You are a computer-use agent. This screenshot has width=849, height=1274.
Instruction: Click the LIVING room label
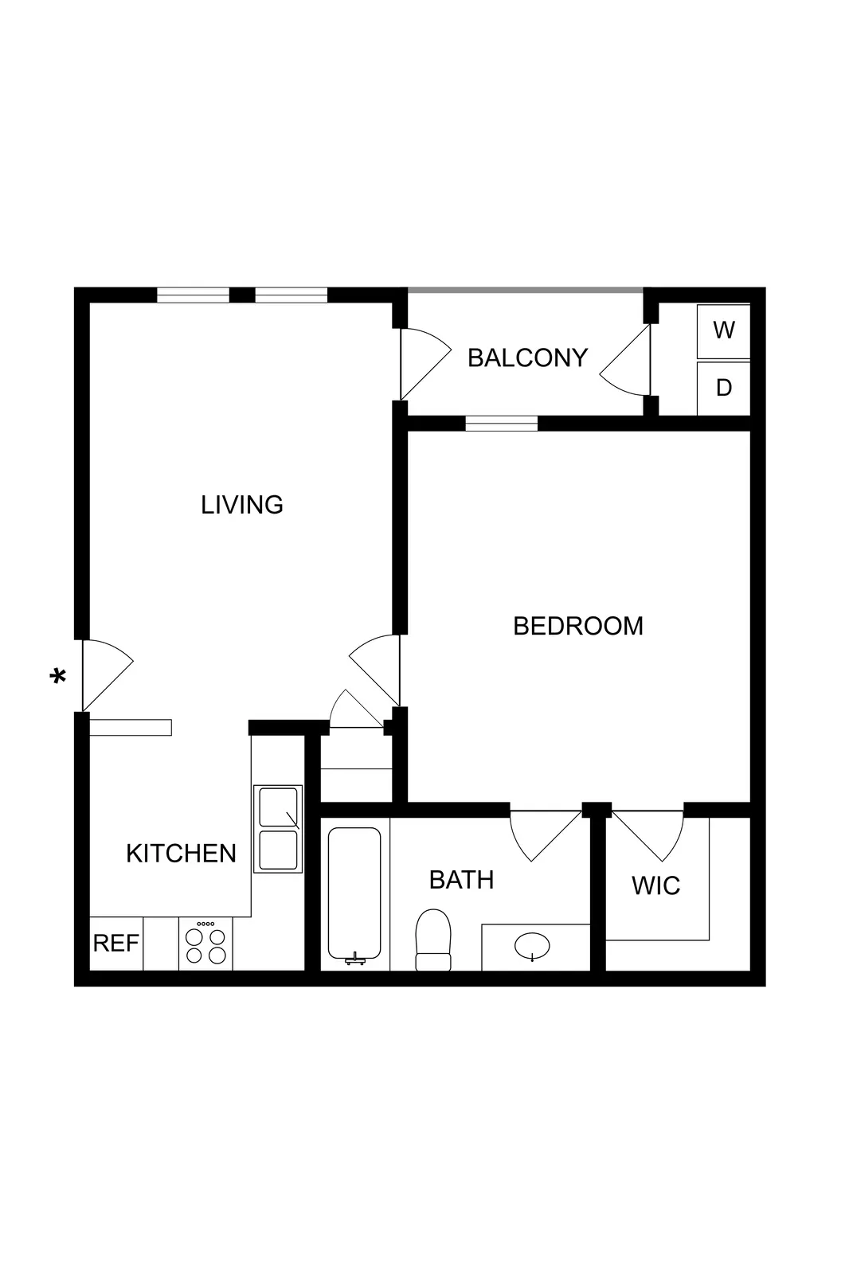(x=241, y=505)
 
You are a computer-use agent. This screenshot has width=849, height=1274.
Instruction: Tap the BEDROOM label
(x=577, y=626)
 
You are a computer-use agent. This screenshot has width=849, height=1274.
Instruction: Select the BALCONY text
(x=527, y=358)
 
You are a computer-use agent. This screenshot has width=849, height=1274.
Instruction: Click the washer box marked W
(x=723, y=330)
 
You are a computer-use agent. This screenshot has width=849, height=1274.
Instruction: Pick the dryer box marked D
(x=723, y=388)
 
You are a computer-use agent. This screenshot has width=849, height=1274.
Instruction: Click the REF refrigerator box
(x=116, y=944)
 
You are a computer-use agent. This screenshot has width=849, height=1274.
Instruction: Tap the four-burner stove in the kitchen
(x=205, y=944)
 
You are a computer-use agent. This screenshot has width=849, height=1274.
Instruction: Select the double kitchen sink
(x=278, y=829)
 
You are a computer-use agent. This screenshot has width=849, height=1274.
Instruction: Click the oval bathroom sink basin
(x=532, y=947)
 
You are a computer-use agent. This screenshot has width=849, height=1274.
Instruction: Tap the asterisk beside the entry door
(x=57, y=678)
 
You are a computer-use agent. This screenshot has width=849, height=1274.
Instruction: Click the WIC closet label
(x=655, y=885)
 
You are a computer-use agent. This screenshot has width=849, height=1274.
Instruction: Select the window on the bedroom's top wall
(x=501, y=423)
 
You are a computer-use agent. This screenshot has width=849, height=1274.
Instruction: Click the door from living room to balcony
(x=424, y=365)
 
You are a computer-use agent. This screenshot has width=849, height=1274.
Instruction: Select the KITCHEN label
(x=181, y=854)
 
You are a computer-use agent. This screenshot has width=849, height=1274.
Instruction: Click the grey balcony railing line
(x=526, y=290)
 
